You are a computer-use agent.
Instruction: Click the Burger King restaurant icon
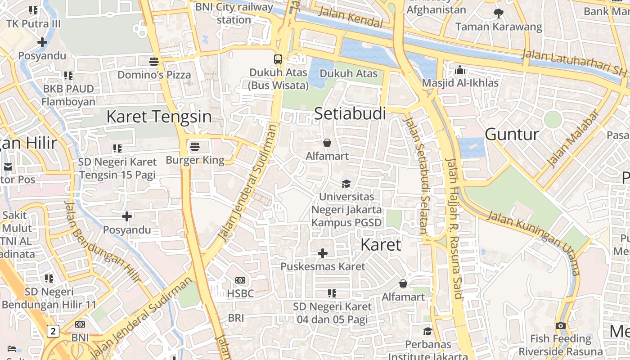(195, 146)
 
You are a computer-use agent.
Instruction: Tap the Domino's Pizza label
(154, 75)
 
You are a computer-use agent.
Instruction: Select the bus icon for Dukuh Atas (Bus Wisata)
(278, 59)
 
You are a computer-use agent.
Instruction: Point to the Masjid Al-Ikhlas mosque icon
(460, 70)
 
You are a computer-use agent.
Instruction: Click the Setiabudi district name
(350, 113)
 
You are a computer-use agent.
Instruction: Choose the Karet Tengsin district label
(159, 117)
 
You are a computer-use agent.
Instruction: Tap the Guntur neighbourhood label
(512, 134)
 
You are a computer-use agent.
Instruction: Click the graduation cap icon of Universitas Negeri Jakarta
(346, 184)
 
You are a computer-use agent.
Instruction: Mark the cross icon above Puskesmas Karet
(323, 253)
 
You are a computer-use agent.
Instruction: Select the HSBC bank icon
(240, 280)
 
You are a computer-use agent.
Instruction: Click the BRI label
(236, 318)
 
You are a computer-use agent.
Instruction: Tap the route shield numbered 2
(53, 332)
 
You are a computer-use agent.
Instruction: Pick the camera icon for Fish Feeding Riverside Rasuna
(560, 325)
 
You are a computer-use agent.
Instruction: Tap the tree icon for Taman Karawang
(498, 13)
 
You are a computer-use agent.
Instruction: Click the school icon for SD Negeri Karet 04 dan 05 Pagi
(332, 293)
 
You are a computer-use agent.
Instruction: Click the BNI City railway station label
(234, 13)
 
